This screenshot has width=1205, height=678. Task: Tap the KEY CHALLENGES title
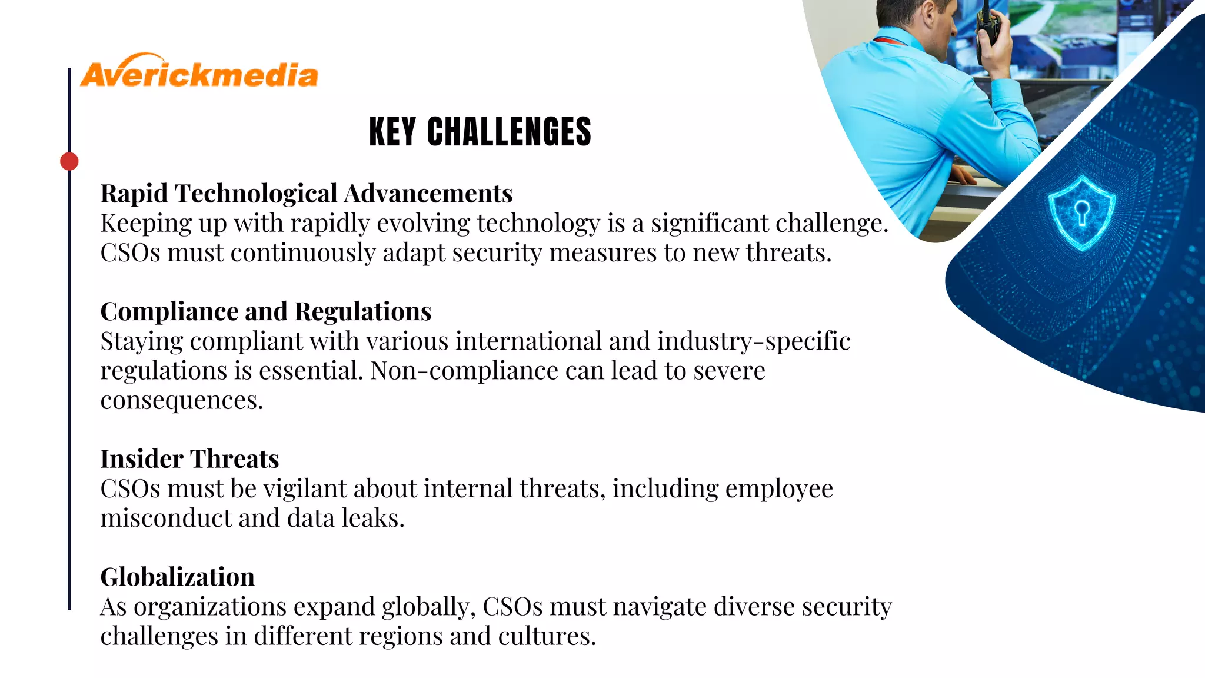point(480,131)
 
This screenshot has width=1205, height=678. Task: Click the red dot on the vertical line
point(69,161)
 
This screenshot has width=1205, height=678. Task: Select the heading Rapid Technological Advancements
point(306,194)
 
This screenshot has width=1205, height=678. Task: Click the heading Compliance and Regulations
point(265,311)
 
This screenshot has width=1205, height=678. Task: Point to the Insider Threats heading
point(189,459)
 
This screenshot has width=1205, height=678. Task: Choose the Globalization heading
point(177,577)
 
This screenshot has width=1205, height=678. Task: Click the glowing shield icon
point(1081,212)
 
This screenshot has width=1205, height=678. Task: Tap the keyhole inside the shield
point(1081,211)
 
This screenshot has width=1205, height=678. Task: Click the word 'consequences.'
point(181,401)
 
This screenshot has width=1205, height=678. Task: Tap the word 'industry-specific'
point(754,341)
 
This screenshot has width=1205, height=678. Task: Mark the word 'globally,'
point(428,607)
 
